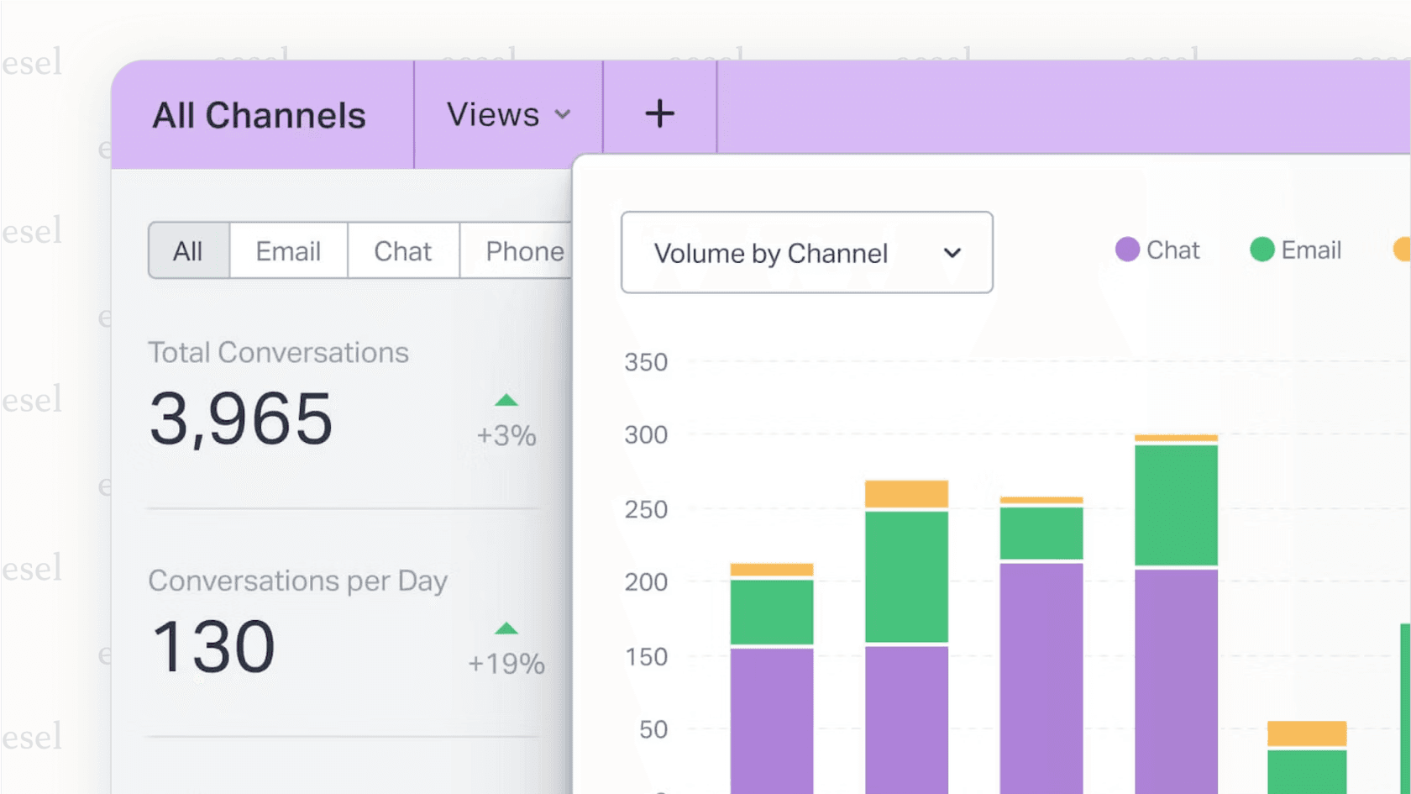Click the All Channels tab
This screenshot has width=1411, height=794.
click(259, 115)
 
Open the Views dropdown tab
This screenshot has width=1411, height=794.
click(507, 114)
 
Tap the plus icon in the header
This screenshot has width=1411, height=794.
click(659, 113)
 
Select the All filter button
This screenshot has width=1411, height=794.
click(188, 251)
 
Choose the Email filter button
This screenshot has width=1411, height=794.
click(288, 251)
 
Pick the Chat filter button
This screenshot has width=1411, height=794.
click(402, 251)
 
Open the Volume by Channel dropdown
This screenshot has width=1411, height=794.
click(806, 253)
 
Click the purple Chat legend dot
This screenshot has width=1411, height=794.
click(1127, 250)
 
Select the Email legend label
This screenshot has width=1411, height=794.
click(1310, 250)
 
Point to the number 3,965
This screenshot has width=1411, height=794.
click(241, 418)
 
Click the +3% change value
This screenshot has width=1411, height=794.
click(506, 435)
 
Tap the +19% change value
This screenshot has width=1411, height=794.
click(506, 664)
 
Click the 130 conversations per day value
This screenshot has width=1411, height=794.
click(213, 647)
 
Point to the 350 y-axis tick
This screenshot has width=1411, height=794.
click(646, 362)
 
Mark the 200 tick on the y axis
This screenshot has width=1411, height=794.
click(646, 581)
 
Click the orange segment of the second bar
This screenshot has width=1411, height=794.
click(906, 494)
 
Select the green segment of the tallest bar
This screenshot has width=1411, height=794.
click(1176, 504)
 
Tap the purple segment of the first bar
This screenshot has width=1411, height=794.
click(771, 718)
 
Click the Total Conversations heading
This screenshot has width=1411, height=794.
click(278, 353)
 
